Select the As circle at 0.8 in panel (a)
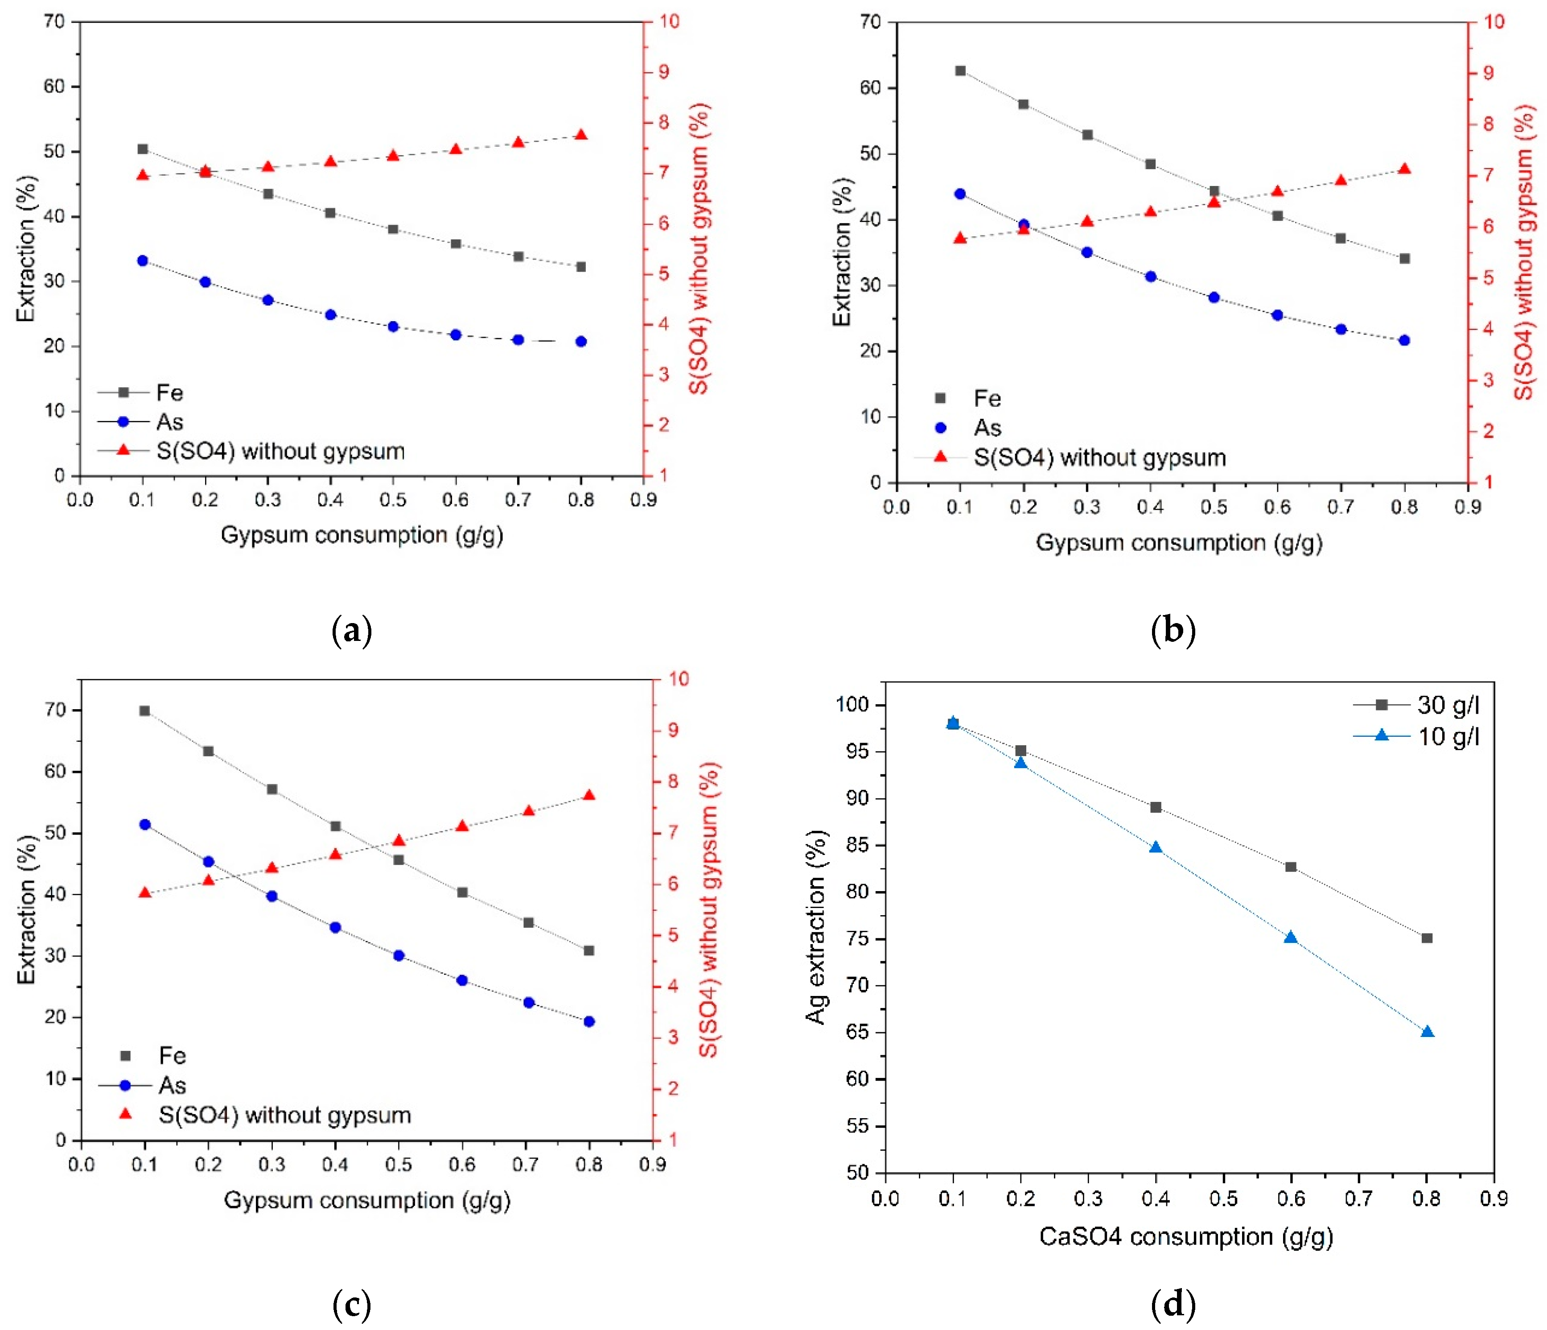pyautogui.click(x=581, y=341)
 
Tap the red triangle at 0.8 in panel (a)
pyautogui.click(x=581, y=135)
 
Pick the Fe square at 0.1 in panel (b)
pyautogui.click(x=960, y=71)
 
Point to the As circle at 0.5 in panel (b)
pyautogui.click(x=1214, y=297)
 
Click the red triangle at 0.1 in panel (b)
pyautogui.click(x=960, y=238)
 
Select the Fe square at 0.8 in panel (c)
pyautogui.click(x=589, y=950)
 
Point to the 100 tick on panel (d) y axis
pyautogui.click(x=856, y=705)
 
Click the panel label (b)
pyautogui.click(x=1174, y=631)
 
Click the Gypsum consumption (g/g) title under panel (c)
pyautogui.click(x=366, y=1200)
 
